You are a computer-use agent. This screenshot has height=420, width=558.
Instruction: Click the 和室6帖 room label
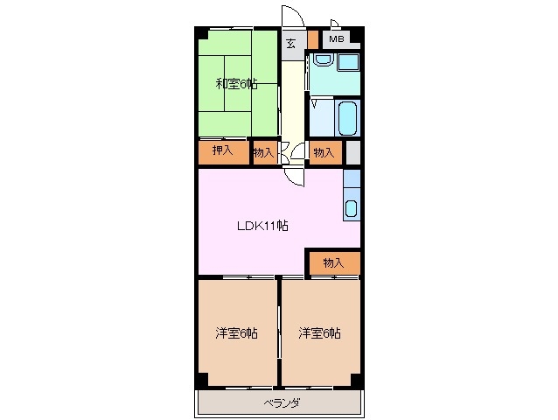point(236,84)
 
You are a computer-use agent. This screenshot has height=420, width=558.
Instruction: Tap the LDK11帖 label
point(263,225)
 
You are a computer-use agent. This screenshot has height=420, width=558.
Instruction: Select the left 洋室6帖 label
point(236,332)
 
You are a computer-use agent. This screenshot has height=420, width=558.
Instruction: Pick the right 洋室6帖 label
point(319,332)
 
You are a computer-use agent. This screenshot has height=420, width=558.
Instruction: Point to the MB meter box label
point(337,39)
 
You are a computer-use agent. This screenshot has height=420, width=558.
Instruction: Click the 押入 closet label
point(222,151)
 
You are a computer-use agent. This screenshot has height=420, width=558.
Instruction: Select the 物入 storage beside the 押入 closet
point(263,152)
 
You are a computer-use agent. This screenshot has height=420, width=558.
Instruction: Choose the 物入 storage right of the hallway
point(323,152)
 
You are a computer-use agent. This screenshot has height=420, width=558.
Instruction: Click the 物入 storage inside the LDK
point(332,262)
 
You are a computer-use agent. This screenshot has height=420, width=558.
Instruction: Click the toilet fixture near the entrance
point(323,60)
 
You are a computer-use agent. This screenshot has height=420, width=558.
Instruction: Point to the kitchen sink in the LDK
point(351,208)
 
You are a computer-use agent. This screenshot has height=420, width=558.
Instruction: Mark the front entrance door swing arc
point(292,17)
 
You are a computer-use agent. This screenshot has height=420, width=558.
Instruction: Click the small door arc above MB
point(335,24)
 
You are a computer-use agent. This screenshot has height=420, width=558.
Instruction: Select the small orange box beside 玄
point(312,39)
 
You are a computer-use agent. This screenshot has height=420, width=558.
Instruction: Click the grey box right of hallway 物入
point(352,151)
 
